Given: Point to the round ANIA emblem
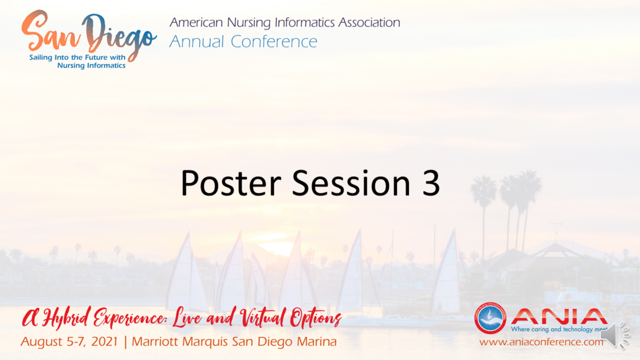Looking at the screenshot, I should (x=490, y=318).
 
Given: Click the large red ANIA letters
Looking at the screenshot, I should (x=559, y=316).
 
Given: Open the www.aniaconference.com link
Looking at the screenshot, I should (x=541, y=342).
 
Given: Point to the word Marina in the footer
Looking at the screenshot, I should (x=314, y=342).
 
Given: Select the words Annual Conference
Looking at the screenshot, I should (x=243, y=41).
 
